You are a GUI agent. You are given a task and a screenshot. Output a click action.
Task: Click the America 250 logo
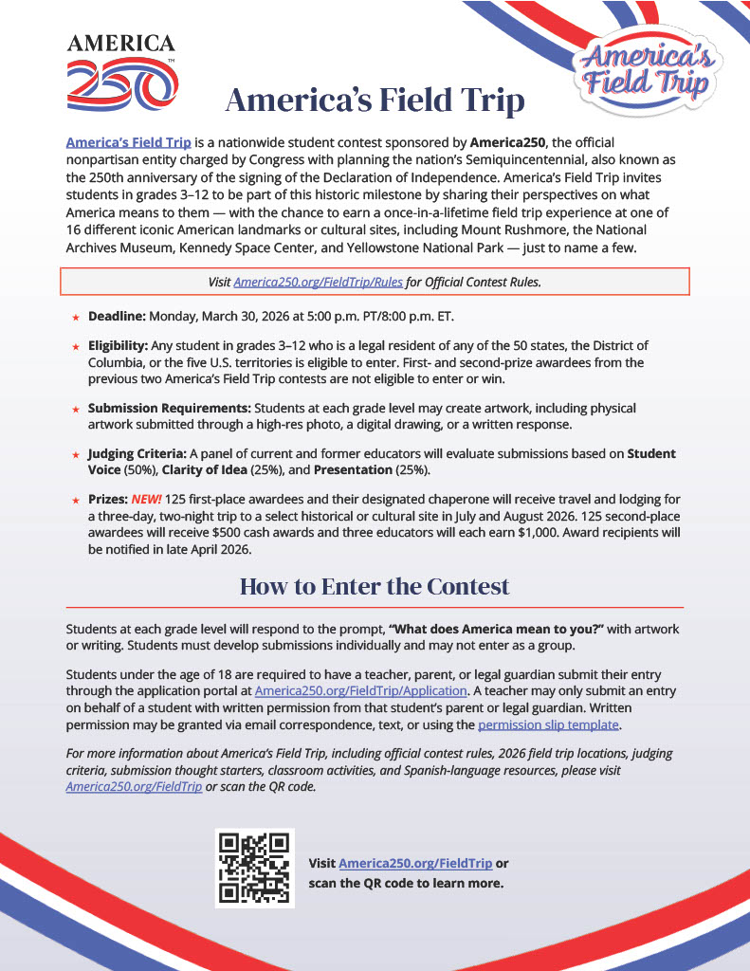click(121, 71)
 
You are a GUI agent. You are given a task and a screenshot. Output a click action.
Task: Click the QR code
click(254, 868)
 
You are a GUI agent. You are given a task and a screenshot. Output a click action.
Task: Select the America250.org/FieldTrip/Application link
click(360, 691)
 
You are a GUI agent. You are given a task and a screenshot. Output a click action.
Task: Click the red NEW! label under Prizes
click(145, 499)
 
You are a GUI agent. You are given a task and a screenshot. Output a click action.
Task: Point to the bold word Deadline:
click(118, 316)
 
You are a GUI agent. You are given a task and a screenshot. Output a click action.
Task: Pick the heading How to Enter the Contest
click(375, 586)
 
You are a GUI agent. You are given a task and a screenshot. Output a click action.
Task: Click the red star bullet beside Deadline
click(75, 317)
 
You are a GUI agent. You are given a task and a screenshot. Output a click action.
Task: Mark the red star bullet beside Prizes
click(75, 500)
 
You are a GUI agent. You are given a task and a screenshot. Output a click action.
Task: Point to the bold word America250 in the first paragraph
click(509, 142)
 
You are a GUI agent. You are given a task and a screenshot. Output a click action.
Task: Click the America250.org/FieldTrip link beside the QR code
click(415, 864)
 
